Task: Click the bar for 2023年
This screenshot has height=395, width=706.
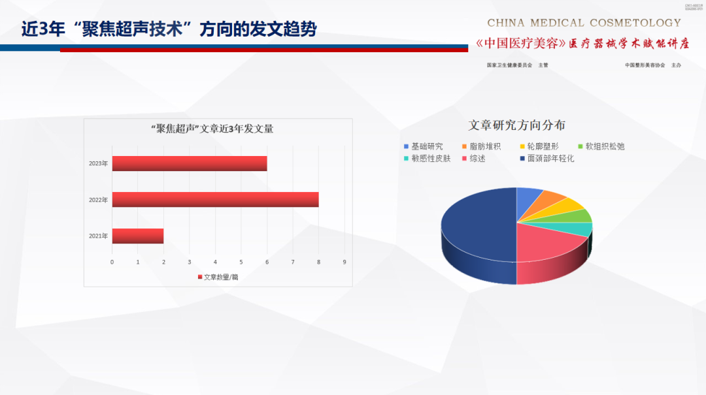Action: [x=190, y=163]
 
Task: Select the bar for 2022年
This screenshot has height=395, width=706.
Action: [x=215, y=199]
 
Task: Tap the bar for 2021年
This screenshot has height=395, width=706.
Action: [x=138, y=236]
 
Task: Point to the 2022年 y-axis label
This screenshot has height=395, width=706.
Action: [x=98, y=200]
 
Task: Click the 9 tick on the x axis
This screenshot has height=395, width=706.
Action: [x=345, y=262]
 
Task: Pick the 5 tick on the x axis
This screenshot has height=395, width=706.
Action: [x=241, y=262]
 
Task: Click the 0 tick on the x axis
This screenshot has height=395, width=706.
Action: [x=112, y=262]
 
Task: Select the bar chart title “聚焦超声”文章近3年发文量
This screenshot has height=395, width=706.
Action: [x=212, y=129]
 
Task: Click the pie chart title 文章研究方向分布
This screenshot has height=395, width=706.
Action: [x=517, y=125]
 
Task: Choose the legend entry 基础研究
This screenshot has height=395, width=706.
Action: [x=423, y=146]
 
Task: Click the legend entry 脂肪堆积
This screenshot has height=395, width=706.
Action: [x=481, y=146]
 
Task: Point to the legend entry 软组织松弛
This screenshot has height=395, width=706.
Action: [x=600, y=146]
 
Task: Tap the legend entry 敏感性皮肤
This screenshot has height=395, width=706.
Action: [x=427, y=158]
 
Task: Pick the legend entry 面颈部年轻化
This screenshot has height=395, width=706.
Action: [x=546, y=158]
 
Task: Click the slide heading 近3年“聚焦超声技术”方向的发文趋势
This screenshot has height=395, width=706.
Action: [x=169, y=29]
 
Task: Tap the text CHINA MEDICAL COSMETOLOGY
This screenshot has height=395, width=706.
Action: [x=584, y=23]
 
